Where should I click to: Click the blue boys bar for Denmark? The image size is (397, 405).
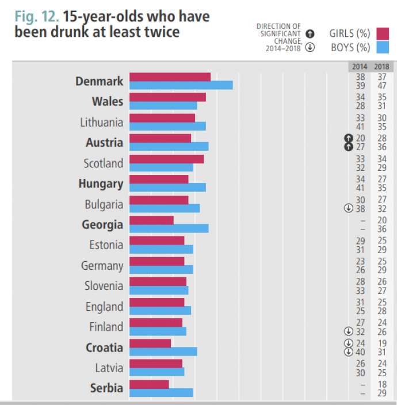pyautogui.click(x=181, y=85)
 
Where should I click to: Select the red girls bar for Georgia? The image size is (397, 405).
pyautogui.click(x=151, y=220)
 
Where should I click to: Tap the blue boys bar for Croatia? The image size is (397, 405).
pyautogui.click(x=163, y=351)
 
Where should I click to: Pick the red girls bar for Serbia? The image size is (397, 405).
pyautogui.click(x=149, y=384)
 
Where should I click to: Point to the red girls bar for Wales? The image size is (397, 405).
pyautogui.click(x=167, y=97)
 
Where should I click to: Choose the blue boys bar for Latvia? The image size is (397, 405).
pyautogui.click(x=156, y=372)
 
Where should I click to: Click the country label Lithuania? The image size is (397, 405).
pyautogui.click(x=101, y=122)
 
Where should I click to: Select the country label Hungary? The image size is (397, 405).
pyautogui.click(x=101, y=184)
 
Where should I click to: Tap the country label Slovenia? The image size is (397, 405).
pyautogui.click(x=104, y=286)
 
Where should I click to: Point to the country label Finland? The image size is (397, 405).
pyautogui.click(x=106, y=327)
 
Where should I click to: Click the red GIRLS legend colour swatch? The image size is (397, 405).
pyautogui.click(x=383, y=33)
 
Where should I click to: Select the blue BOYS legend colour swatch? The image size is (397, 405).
pyautogui.click(x=383, y=47)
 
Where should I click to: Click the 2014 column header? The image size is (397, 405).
pyautogui.click(x=360, y=67)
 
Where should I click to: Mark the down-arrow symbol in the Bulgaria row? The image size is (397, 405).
pyautogui.click(x=348, y=208)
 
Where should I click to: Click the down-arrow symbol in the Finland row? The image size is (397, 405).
pyautogui.click(x=348, y=331)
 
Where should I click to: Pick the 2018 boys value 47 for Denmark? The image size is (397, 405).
pyautogui.click(x=382, y=85)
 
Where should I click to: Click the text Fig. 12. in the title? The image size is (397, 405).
pyautogui.click(x=36, y=16)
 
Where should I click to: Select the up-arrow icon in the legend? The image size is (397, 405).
pyautogui.click(x=310, y=33)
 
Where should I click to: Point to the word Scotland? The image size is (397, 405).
pyautogui.click(x=103, y=163)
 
